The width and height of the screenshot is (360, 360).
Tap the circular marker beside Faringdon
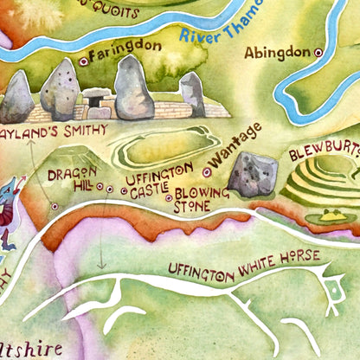click(x=84, y=61)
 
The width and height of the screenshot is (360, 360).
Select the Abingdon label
click(x=276, y=53)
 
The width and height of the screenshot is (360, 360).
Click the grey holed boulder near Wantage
click(x=254, y=173)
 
